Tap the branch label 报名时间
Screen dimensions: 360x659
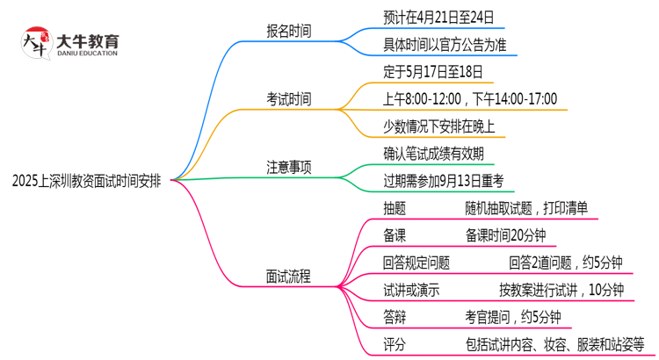[288, 31]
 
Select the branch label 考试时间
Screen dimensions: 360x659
[288, 98]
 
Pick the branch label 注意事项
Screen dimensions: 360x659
[288, 166]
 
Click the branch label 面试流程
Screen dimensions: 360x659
[288, 276]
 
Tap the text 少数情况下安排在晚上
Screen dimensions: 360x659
[438, 126]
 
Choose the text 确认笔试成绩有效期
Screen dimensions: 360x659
[432, 154]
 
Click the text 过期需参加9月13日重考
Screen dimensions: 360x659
[443, 181]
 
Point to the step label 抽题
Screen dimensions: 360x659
[395, 208]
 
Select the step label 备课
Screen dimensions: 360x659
[395, 234]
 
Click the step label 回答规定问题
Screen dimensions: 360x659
[416, 262]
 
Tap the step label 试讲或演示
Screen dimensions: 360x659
[411, 289]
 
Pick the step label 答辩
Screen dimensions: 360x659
[395, 316]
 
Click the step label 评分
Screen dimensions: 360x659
[395, 343]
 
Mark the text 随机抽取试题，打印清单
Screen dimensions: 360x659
[532, 208]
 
